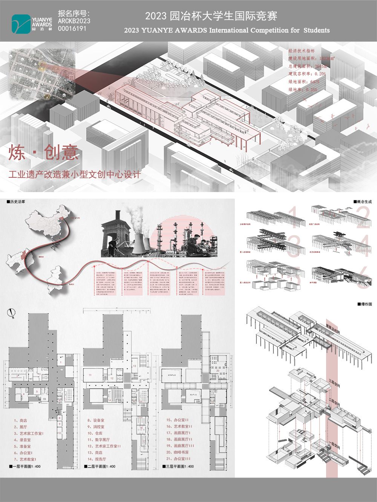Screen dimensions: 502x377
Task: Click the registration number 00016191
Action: coord(72,29)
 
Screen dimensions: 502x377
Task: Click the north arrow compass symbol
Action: coord(12,313)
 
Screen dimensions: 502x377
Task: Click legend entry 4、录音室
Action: coord(23,439)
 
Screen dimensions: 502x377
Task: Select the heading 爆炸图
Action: coord(365,304)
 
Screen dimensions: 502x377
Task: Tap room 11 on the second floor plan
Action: coord(90,375)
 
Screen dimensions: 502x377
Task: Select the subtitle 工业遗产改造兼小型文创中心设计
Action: coord(75,175)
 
